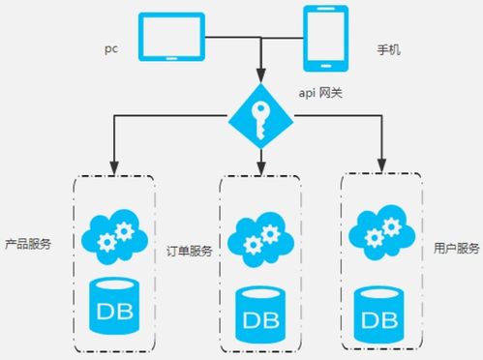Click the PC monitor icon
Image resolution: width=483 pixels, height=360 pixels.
pos(171,38)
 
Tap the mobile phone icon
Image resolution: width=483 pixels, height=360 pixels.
pos(326,40)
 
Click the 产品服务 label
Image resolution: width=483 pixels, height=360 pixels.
pos(27,244)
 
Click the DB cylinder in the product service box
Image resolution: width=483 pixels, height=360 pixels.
pos(114,305)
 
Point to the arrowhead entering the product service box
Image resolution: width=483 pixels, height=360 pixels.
pos(114,166)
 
